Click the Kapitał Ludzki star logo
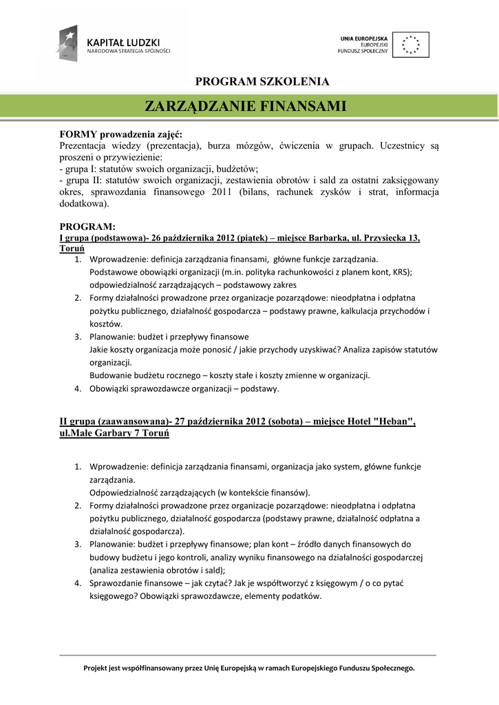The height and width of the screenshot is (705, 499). (67, 42)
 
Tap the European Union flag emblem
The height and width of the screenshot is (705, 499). (410, 44)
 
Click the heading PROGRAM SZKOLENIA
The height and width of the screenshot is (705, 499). (262, 82)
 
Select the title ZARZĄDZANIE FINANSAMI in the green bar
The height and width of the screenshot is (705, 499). (244, 106)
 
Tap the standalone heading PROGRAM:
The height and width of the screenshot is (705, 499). (87, 227)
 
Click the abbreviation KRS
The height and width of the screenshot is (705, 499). (401, 272)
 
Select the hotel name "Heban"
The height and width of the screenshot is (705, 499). (394, 421)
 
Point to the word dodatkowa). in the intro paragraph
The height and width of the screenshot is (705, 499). (84, 204)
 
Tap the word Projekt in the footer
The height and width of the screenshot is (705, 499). (97, 668)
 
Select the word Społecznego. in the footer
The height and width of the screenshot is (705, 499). (391, 668)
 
